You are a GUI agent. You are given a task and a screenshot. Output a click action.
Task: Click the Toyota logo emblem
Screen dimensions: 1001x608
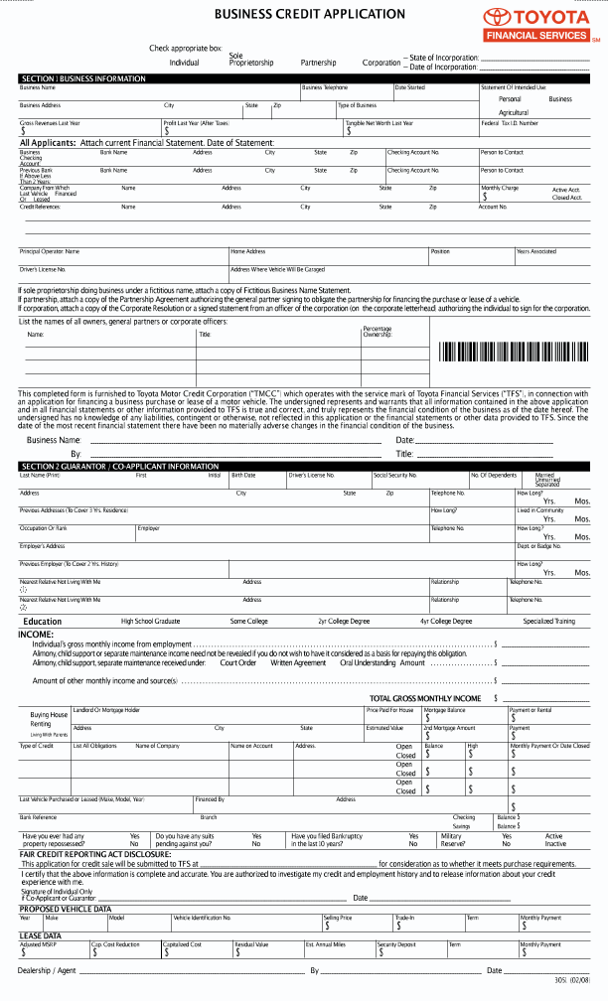(x=497, y=17)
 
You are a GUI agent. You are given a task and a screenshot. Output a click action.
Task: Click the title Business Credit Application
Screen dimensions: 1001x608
(x=310, y=14)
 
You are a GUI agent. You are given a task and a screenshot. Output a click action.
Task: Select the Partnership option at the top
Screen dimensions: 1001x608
(x=318, y=63)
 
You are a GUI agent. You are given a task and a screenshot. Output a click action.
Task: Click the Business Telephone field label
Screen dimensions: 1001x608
(x=325, y=87)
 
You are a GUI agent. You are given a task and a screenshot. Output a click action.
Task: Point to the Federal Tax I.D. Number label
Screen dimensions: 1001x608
(x=510, y=122)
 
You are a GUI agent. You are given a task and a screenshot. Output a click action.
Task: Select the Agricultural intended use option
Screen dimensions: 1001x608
(x=514, y=112)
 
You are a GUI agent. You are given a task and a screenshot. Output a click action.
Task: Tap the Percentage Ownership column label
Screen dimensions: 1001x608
(x=378, y=332)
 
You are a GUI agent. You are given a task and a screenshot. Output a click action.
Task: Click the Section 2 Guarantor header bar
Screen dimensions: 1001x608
(x=119, y=466)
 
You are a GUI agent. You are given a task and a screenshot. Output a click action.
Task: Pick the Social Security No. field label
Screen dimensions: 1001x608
(x=395, y=476)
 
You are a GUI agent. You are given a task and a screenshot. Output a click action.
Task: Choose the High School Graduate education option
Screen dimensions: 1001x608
(x=150, y=621)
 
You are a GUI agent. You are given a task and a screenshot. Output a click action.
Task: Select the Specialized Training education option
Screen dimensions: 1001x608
(x=548, y=621)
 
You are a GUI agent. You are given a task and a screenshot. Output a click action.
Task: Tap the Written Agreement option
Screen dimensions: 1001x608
(x=298, y=662)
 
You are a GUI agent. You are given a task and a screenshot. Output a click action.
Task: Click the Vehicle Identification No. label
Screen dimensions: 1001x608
(x=202, y=918)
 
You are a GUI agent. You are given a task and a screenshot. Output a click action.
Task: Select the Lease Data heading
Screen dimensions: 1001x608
(x=40, y=935)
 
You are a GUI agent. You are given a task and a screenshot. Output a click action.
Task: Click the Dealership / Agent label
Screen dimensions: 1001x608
(x=48, y=970)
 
